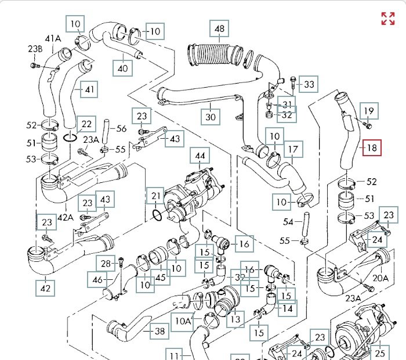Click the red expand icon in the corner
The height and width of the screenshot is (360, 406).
pos(387,18)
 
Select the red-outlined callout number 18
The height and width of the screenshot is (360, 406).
pos(371,148)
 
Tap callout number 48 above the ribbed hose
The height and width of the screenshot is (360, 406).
pos(219,29)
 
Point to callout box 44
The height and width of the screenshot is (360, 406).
pos(200,156)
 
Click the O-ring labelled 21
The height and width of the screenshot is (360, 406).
pos(156,215)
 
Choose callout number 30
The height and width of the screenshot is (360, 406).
pos(211,117)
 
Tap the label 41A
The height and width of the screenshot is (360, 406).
pos(53,39)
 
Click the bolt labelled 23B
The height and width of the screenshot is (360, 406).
pos(34,65)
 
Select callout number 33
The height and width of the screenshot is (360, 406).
pos(309,85)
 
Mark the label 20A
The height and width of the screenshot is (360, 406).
pos(380,278)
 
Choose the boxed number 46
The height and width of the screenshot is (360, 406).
pos(96,280)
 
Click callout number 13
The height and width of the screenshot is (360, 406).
pos(235,319)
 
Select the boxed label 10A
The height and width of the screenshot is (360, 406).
pos(183,321)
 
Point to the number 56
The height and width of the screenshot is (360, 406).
pos(121,129)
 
